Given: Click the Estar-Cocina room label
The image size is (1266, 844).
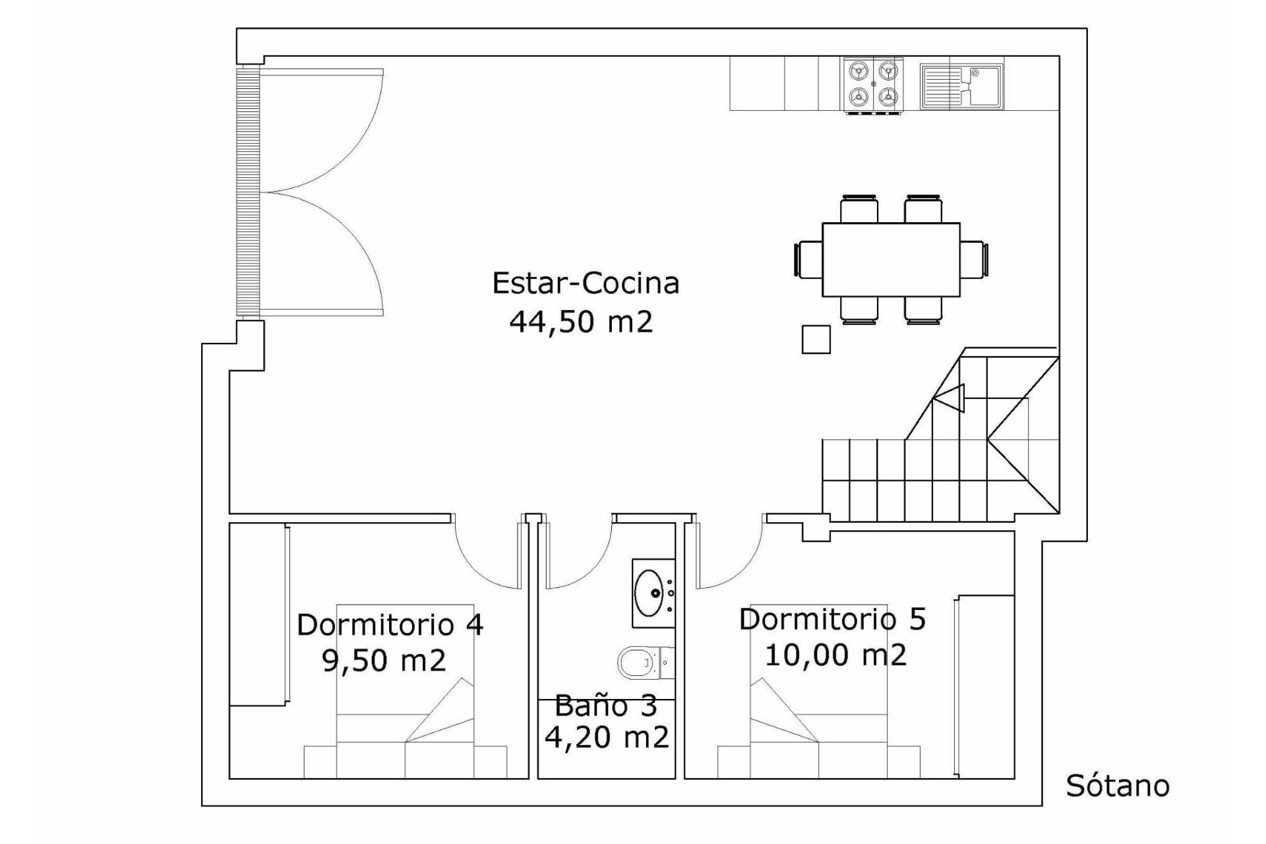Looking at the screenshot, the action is point(586,284).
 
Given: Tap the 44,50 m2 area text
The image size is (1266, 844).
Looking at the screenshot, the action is point(581,322).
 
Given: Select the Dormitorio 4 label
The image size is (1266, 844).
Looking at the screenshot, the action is point(390,625).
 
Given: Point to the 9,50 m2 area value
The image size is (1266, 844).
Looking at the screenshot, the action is point(384,660).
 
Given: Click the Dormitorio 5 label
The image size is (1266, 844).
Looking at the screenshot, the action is point(832,620).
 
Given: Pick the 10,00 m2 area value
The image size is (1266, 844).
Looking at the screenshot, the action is point(835,655).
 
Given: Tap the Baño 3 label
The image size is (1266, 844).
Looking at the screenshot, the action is point(605,706).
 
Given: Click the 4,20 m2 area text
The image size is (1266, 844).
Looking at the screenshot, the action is point(607,737).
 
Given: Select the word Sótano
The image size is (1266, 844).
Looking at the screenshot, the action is point(1118,785).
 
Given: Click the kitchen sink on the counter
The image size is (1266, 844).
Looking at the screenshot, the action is point(961,86).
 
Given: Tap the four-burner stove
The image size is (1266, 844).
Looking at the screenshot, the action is point(872,86).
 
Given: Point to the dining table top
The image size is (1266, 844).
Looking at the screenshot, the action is point(891,260).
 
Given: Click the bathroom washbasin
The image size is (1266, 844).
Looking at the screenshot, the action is point(653,593).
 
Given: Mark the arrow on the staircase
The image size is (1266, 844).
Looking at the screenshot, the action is point(949,398).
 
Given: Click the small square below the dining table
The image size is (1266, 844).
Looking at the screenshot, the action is point(816,340).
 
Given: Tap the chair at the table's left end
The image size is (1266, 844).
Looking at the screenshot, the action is point(808,258).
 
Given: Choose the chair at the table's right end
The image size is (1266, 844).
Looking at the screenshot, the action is point(975,258).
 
